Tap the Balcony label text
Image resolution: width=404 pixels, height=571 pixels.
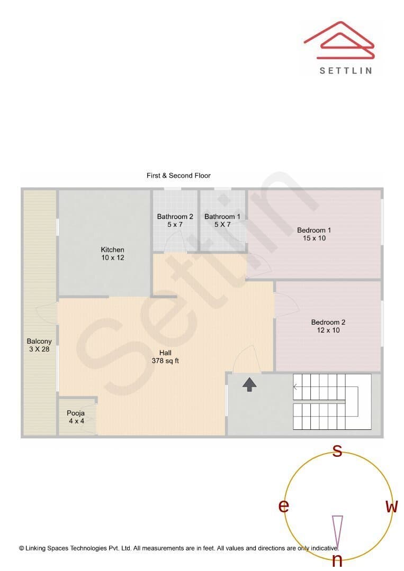[x=39, y=341]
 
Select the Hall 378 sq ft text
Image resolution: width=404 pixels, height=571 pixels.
[x=165, y=357]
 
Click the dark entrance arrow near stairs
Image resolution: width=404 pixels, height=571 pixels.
[x=249, y=384]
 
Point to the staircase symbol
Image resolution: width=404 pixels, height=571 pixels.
[x=332, y=402]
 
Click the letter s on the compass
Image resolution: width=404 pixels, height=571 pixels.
[x=338, y=451]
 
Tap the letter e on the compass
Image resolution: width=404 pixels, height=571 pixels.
[x=284, y=505]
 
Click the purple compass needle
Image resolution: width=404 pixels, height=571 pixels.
[x=338, y=531]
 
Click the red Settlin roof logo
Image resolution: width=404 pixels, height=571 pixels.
[x=339, y=40]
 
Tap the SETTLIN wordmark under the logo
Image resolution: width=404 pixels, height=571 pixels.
[x=346, y=71]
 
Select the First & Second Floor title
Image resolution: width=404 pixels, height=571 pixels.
[x=178, y=176]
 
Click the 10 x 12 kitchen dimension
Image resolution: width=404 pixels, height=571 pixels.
[x=113, y=257]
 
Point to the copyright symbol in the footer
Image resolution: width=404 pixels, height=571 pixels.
[x=22, y=548]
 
